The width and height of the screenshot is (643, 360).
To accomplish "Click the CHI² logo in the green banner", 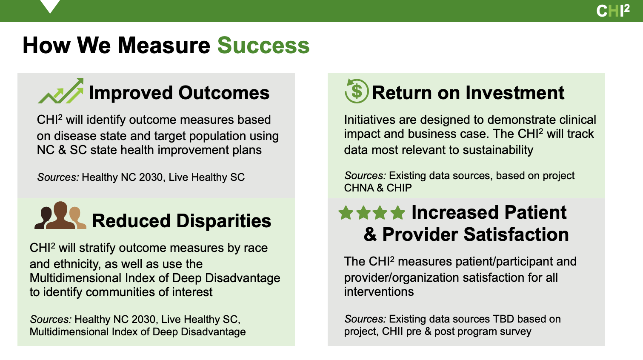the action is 613,11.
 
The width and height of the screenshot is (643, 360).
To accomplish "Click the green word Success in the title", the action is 263,46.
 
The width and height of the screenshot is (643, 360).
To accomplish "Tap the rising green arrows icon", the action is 61,91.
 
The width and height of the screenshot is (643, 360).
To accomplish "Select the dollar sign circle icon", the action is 357,91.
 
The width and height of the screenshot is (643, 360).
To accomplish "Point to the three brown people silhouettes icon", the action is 60,215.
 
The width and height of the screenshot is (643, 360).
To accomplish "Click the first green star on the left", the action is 346,213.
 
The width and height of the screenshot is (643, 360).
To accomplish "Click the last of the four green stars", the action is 398,213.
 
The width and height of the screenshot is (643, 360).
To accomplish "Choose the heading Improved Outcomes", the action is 179,93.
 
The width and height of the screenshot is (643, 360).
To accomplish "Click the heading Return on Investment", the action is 468,93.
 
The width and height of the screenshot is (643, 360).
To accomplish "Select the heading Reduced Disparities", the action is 181,221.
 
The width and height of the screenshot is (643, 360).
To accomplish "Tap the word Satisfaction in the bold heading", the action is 516,234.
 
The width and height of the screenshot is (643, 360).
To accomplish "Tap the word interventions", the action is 379,291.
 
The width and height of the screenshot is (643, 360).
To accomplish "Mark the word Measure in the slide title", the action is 164,46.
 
